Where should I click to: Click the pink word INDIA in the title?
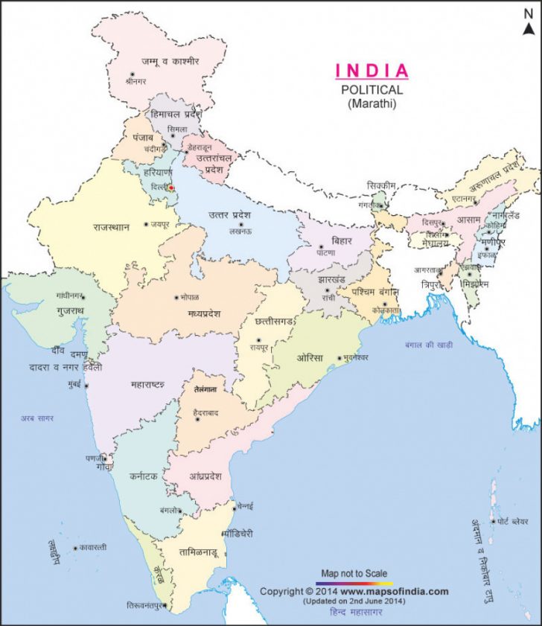coord(372,71)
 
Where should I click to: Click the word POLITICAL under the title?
coord(372,89)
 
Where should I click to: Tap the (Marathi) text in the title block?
coord(372,104)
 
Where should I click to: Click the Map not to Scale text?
coord(354,572)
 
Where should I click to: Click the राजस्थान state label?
coord(112,226)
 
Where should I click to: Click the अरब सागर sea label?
coord(37,418)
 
